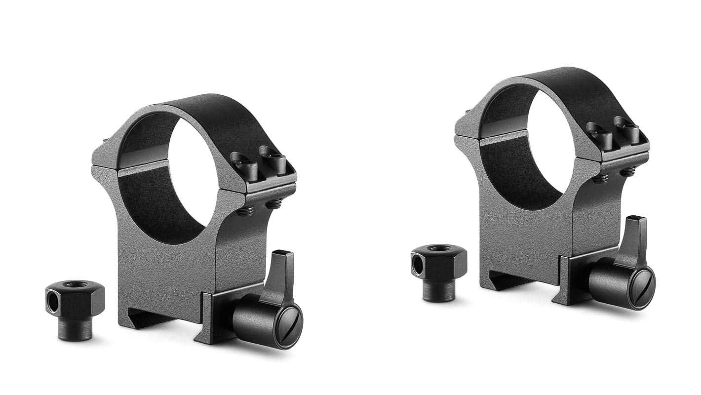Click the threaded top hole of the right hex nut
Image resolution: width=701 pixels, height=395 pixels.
[x=438, y=248]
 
